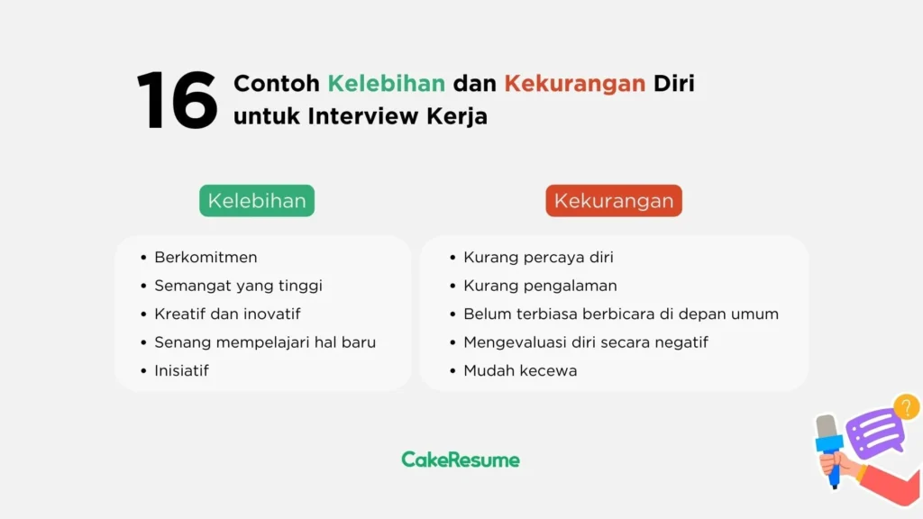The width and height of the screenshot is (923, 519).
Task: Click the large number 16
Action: (x=177, y=101)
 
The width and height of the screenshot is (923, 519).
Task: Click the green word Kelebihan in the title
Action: (x=386, y=84)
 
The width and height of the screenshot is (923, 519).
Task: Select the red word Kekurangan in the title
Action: (x=574, y=84)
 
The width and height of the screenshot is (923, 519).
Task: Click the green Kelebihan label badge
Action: (x=257, y=201)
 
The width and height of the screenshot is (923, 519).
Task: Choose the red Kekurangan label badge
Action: (x=614, y=201)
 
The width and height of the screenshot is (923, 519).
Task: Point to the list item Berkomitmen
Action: (x=206, y=258)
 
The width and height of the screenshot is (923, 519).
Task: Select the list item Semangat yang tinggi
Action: (x=238, y=286)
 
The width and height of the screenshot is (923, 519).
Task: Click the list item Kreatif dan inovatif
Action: (x=227, y=314)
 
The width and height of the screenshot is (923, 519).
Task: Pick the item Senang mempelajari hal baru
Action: (x=265, y=342)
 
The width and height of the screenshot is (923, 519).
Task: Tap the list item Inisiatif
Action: (x=181, y=370)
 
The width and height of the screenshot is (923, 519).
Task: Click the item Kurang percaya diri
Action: (x=538, y=258)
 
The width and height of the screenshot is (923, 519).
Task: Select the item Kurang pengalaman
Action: (x=540, y=286)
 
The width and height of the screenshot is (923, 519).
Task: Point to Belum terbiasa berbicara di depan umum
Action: (x=621, y=314)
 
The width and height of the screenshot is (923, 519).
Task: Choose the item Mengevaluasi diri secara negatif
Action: (x=586, y=342)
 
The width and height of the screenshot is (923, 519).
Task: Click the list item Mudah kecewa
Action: (x=520, y=370)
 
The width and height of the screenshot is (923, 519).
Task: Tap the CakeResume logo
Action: (x=461, y=460)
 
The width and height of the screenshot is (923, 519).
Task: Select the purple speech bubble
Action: (x=874, y=432)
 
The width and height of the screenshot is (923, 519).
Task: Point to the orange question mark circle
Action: (x=906, y=407)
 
